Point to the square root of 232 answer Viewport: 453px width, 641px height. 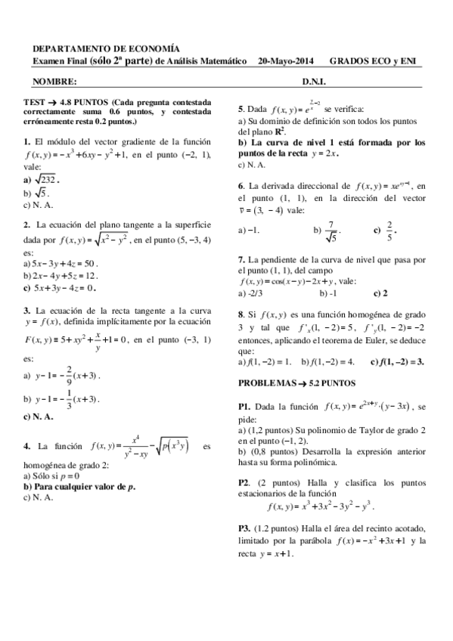coord(45,179)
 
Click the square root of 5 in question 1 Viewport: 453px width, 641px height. coord(40,193)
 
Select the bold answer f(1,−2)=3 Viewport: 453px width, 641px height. coord(399,361)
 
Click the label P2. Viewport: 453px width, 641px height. coord(244,482)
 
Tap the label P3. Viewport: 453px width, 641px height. coord(244,527)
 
